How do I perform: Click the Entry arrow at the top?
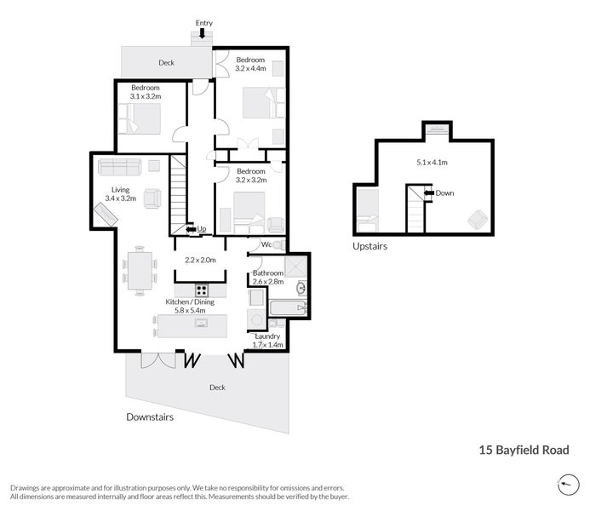tap(202, 33)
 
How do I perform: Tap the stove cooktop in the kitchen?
tap(201, 290)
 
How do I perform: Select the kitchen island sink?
tap(201, 323)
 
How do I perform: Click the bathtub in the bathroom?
tap(288, 308)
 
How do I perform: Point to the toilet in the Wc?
tap(279, 245)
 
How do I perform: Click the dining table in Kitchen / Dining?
tap(140, 271)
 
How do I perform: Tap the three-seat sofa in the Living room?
tap(120, 167)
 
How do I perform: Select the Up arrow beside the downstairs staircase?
tap(191, 229)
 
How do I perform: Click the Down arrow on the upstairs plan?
tap(428, 193)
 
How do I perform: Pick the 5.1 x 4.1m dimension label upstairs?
tap(432, 163)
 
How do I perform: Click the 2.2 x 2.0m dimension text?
tap(200, 260)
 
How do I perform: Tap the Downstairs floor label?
tap(150, 417)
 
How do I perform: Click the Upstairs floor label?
tap(369, 246)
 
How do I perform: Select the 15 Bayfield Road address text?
tap(524, 451)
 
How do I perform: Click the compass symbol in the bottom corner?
tap(569, 485)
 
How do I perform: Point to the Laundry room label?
tap(267, 336)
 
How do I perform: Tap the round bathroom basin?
tap(301, 288)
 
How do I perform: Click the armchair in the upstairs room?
tap(478, 219)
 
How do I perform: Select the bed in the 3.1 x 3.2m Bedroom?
tap(139, 118)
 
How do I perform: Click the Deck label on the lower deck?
tap(217, 388)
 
